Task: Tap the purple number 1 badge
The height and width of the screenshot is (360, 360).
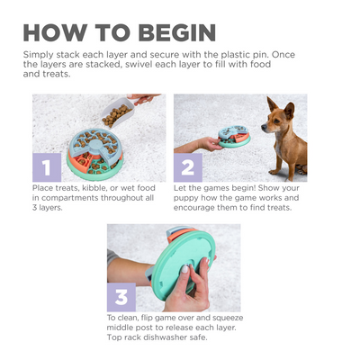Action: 48,166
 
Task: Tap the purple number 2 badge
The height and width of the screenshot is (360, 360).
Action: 189,166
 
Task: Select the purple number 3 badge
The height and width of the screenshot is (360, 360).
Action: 120,297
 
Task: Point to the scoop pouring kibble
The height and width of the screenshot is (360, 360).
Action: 121,112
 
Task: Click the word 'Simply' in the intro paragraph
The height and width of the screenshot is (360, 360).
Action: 38,54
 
